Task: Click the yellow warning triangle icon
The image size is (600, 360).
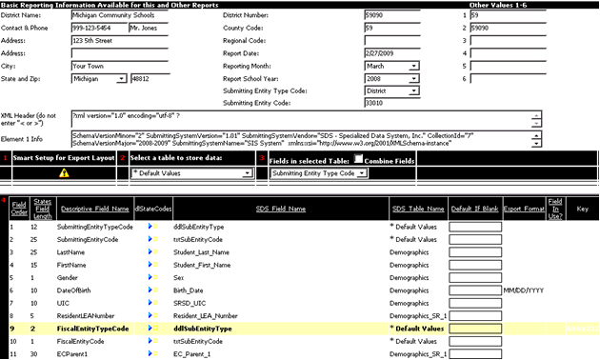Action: point(64,173)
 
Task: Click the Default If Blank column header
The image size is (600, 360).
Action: point(474,208)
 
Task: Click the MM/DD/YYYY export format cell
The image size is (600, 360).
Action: point(523,288)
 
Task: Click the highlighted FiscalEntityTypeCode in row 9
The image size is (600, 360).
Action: point(92,328)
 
